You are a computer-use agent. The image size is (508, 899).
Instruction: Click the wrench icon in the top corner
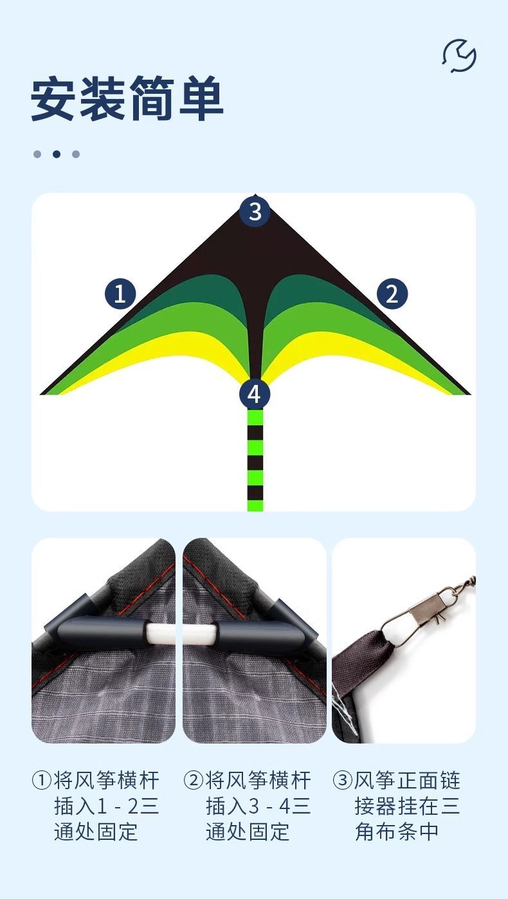[x=459, y=56]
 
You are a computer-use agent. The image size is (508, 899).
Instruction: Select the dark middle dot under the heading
[x=57, y=154]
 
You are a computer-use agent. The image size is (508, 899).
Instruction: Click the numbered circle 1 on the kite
[x=120, y=294]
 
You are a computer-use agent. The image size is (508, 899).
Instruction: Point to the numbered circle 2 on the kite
[x=392, y=294]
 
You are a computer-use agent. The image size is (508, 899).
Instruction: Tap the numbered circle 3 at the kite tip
[x=255, y=211]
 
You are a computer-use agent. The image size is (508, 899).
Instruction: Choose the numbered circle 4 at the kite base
[x=254, y=394]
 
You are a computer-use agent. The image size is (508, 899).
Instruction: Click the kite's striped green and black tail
[x=255, y=460]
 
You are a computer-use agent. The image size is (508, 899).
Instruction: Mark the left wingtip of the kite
[x=41, y=394]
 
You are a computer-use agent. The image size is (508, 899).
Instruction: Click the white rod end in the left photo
[x=160, y=634]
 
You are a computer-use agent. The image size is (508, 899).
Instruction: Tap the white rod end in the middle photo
[x=199, y=634]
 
